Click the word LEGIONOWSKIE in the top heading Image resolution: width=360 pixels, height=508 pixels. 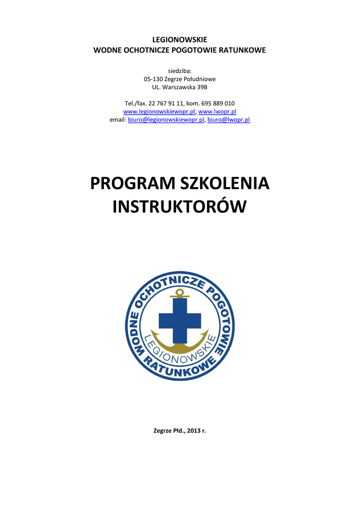click(180, 40)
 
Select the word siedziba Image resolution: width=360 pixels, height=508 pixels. click(180, 71)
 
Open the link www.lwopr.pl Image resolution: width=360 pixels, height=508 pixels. click(217, 112)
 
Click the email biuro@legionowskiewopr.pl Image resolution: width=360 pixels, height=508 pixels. click(166, 120)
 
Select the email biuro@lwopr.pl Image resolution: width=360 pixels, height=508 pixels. click(228, 120)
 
